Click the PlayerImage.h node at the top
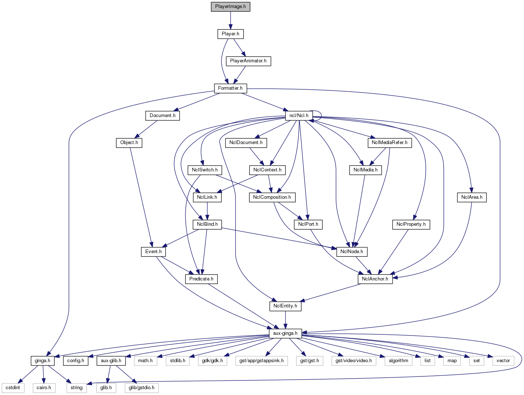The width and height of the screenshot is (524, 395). coord(230,7)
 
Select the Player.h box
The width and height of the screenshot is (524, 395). coord(230,34)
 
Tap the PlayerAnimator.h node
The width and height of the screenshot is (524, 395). coord(248,61)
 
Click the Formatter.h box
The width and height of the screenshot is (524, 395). coord(230,88)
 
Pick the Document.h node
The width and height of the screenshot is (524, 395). coord(162,116)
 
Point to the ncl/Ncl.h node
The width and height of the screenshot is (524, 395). coord(299,116)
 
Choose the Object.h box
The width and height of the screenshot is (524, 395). coord(129,143)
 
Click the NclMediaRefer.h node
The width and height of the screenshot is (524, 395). coord(390,143)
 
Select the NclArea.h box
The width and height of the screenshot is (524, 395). coord(472,197)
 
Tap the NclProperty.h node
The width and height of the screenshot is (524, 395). coord(411,224)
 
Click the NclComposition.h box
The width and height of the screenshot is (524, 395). coord(272,197)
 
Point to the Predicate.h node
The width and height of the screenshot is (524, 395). coord(201,279)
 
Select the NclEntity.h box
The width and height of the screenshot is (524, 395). coord(285,306)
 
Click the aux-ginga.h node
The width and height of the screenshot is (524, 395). coord(285,333)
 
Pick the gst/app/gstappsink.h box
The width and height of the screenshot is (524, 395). coord(261,361)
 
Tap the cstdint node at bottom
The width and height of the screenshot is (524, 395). coord(13,388)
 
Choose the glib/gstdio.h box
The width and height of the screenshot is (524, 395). coord(141,388)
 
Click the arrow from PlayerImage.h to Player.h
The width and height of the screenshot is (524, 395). coord(230,20)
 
